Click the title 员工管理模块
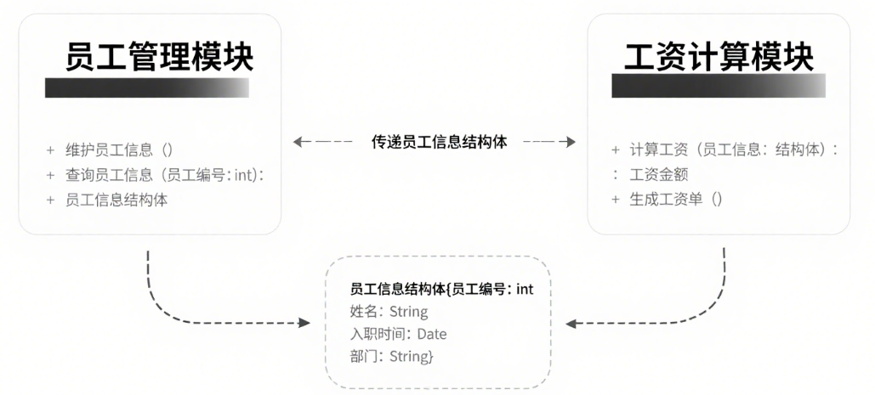pyautogui.click(x=160, y=57)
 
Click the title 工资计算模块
pyautogui.click(x=719, y=57)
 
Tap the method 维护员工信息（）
pyautogui.click(x=119, y=150)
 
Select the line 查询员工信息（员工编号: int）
pyautogui.click(x=165, y=175)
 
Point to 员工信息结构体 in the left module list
pyautogui.click(x=116, y=200)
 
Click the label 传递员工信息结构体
pyautogui.click(x=440, y=142)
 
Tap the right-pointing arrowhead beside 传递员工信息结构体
pyautogui.click(x=571, y=142)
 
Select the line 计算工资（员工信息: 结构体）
pyautogui.click(x=730, y=150)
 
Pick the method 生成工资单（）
pyautogui.click(x=676, y=200)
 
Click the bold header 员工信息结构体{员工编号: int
pyautogui.click(x=441, y=290)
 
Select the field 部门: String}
pyautogui.click(x=392, y=356)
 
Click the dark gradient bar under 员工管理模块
pyautogui.click(x=147, y=88)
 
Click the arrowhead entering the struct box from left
pyautogui.click(x=303, y=323)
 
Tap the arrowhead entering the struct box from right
pyautogui.click(x=571, y=323)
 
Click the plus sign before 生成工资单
pyautogui.click(x=616, y=200)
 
